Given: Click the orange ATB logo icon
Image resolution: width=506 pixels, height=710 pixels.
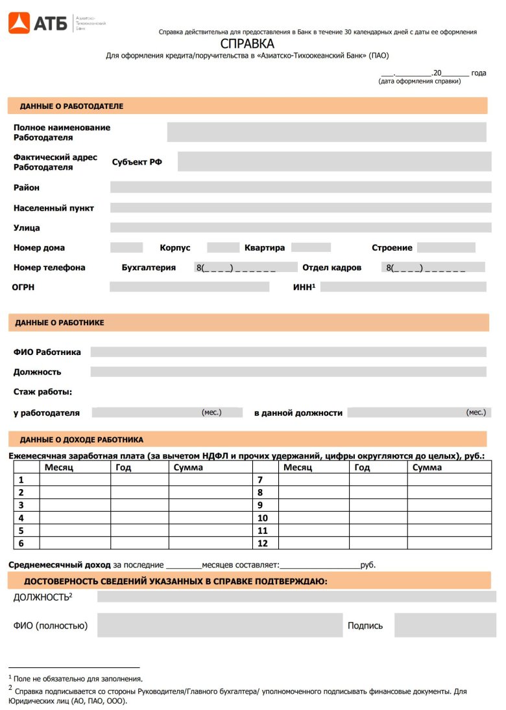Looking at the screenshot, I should click(18, 23).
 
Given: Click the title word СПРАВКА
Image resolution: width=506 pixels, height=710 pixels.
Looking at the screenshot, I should click(247, 44).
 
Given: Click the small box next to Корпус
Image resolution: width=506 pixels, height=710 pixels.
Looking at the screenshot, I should click(223, 247).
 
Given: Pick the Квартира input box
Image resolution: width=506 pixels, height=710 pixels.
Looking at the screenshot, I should click(311, 247).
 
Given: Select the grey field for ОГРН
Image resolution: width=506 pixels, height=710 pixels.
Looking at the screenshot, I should click(189, 287).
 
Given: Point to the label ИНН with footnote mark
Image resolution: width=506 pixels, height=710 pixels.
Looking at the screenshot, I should click(304, 286).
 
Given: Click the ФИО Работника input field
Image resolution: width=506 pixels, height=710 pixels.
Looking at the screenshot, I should click(288, 352).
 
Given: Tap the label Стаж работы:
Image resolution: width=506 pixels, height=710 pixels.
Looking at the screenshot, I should click(43, 392).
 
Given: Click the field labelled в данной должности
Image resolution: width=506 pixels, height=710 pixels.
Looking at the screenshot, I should click(419, 413).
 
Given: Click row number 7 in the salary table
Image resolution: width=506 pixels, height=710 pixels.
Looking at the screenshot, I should click(260, 480).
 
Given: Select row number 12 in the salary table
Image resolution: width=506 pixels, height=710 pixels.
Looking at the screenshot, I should click(263, 544).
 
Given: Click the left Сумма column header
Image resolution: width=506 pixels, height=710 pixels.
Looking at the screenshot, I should click(188, 467).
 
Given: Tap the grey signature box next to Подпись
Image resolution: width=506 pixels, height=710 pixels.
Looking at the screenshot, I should click(440, 626).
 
